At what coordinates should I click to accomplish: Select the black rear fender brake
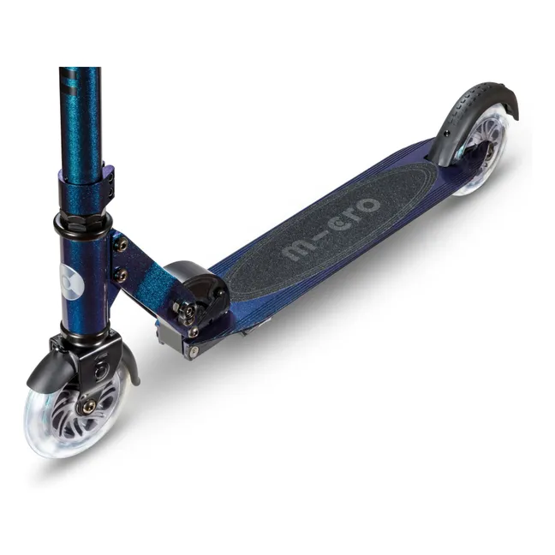(x=480, y=107)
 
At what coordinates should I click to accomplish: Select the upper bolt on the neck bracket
(x=121, y=245)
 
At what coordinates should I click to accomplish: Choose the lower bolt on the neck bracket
(x=121, y=276)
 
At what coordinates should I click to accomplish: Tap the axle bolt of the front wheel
(x=87, y=406)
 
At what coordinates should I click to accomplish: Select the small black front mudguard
(x=47, y=368)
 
